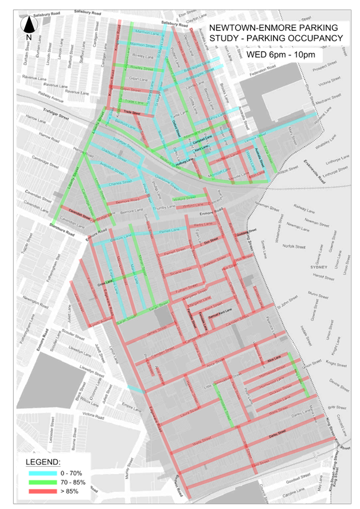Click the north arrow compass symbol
tap(29, 26)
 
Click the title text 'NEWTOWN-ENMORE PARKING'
tap(275, 28)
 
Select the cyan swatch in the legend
tap(45, 473)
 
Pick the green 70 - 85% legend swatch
tap(45, 482)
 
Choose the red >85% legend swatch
tap(45, 491)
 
